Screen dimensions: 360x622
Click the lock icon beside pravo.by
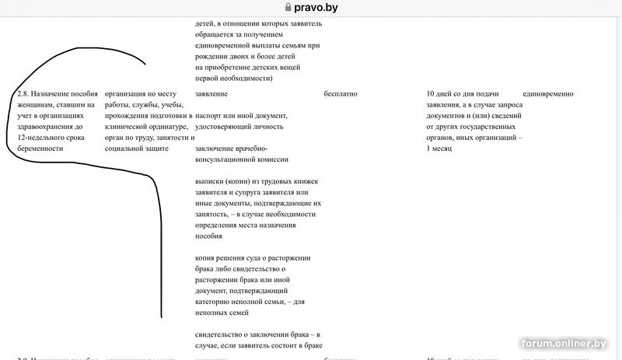[288, 8]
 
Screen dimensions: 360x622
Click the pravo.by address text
[316, 8]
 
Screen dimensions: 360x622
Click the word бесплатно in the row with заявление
[340, 94]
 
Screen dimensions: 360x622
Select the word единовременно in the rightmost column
[543, 94]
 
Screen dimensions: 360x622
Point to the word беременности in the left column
[40, 148]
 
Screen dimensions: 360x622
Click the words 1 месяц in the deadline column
[439, 148]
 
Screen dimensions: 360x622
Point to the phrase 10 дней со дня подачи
[463, 94]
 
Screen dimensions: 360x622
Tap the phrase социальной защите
[136, 148]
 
